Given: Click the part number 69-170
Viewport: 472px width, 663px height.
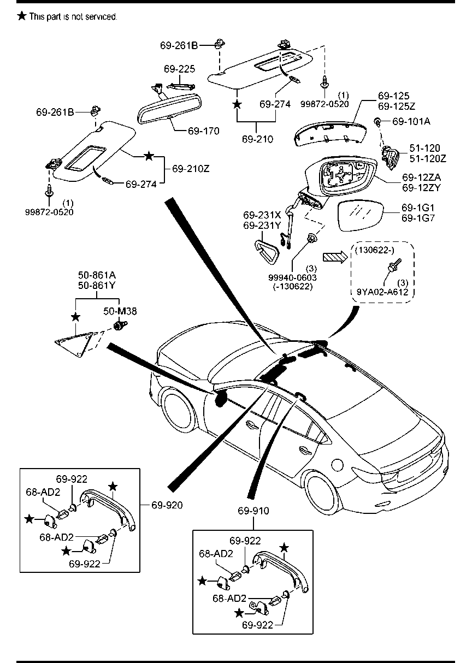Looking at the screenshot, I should coord(203,131).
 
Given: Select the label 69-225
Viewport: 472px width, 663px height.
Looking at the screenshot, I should coord(179,69).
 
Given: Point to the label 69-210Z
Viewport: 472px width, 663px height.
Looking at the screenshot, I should coord(191,169).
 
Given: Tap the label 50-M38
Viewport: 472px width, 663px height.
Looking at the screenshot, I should coord(120,311).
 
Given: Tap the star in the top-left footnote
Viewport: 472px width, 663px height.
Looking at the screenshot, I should coord(21,16).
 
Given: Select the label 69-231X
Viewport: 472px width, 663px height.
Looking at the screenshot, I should coord(261,214).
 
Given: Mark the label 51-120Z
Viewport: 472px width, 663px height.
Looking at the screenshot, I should coord(428,158).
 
